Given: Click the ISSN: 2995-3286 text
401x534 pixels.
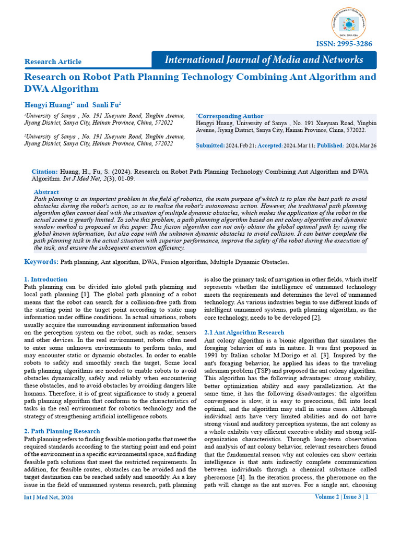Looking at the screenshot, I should (347, 44).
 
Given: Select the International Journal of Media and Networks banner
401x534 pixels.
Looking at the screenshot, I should (264, 59).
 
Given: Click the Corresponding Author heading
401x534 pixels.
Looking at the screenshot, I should (230, 116).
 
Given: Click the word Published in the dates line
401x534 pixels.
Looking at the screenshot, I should (329, 145).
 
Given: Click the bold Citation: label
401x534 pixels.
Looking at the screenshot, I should (45, 171).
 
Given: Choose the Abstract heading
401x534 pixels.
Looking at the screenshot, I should (46, 192).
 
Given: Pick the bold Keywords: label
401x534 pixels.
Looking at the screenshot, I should (41, 261).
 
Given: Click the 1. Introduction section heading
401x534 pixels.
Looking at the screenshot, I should (46, 279).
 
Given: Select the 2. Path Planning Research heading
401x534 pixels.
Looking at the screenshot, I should (62, 431).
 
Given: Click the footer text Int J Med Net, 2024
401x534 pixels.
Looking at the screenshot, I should (49, 497).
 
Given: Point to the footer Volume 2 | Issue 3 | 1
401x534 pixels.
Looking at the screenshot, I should (341, 497).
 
